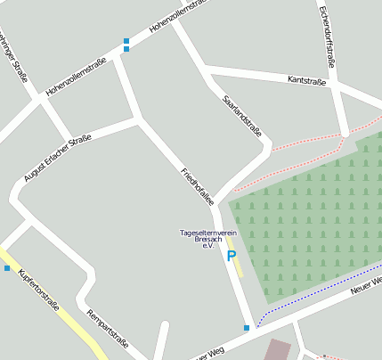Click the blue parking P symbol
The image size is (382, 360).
[x=232, y=257]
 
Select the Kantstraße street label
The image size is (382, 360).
[x=307, y=80]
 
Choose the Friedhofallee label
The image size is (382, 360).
[x=197, y=186]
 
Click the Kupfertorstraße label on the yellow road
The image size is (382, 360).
[x=39, y=291]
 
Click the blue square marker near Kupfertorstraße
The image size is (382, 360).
[x=7, y=268]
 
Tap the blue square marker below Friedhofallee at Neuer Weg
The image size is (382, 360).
[x=247, y=328]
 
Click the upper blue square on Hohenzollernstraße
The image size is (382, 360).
[x=126, y=41]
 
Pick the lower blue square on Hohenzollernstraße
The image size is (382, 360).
[x=126, y=49]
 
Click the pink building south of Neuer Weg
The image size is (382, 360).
[x=279, y=349]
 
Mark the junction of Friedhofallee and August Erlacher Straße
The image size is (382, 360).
[x=139, y=119]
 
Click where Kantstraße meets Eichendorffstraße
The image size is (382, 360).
[x=337, y=86]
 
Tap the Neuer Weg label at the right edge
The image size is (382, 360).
[x=366, y=284]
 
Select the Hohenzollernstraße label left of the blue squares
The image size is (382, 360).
[x=76, y=77]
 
